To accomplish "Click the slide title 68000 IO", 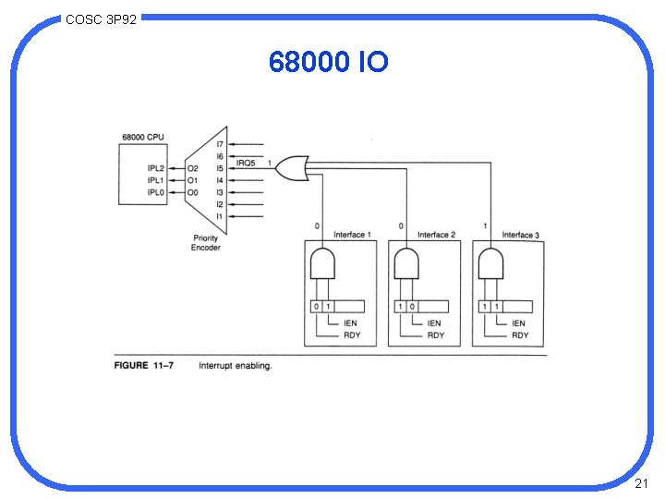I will pos(329,62).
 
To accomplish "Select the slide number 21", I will pos(642,484).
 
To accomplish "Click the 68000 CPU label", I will pos(143,137).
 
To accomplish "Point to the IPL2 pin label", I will pos(156,168).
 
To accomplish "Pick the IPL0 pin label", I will pos(156,192).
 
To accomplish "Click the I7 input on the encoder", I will pos(220,144).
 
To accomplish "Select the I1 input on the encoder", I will pos(220,216).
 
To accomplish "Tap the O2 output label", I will pos(192,168).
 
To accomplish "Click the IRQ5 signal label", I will pos(246,164).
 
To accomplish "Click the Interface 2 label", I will pos(436,235).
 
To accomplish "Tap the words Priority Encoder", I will pos(205,243).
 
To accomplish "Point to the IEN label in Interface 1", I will pos(351,323).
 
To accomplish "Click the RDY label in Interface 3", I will pos(520,335).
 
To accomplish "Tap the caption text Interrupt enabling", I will pos(236,366).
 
